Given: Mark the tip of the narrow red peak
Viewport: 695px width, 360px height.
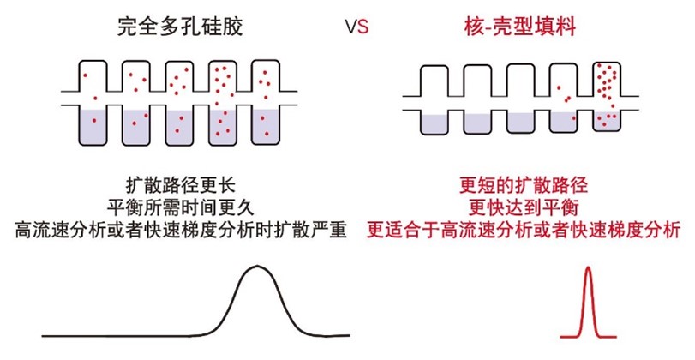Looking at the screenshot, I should pyautogui.click(x=589, y=268).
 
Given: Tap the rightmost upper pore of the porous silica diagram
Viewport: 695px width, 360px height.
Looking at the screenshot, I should pyautogui.click(x=265, y=78).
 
